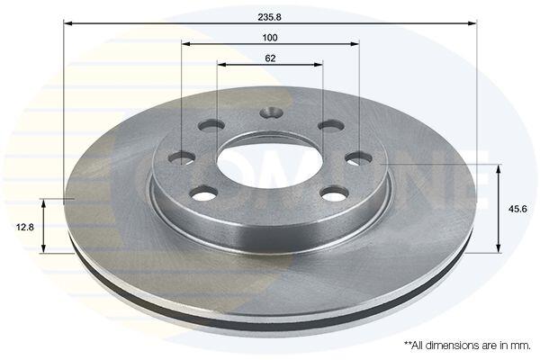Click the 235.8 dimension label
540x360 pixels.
(269, 17)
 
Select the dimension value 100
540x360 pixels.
(270, 38)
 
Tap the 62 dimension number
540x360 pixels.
(270, 58)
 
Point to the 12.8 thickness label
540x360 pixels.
(25, 228)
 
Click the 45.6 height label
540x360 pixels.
(517, 209)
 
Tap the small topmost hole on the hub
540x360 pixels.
(271, 112)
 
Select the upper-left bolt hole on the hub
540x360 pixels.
(211, 125)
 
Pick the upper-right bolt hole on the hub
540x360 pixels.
(331, 125)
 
